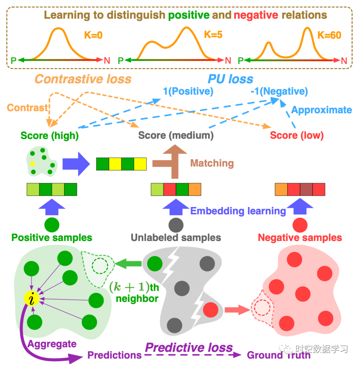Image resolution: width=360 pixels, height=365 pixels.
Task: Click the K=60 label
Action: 329,35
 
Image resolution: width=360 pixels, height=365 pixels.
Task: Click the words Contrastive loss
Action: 83,79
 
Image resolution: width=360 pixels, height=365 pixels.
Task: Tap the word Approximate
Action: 322,110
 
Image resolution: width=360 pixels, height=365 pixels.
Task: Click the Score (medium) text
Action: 176,135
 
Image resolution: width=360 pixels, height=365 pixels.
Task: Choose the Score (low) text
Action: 297,135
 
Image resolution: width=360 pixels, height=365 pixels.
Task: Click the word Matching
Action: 212,163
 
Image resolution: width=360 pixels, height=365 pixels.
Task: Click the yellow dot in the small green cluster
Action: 32,164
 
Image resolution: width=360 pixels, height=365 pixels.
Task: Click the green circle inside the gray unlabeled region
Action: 155,264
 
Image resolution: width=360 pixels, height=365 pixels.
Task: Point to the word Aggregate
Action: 52,344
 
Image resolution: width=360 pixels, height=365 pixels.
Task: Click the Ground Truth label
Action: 278,355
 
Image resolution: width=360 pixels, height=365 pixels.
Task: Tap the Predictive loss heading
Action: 189,347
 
